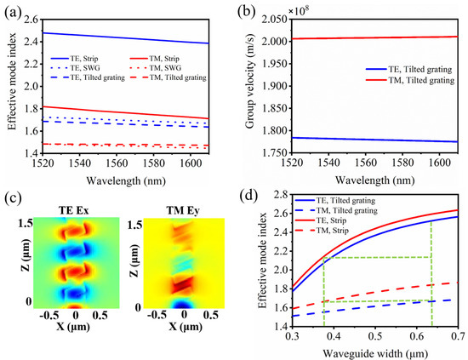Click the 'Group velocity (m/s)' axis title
[x=252, y=85]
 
